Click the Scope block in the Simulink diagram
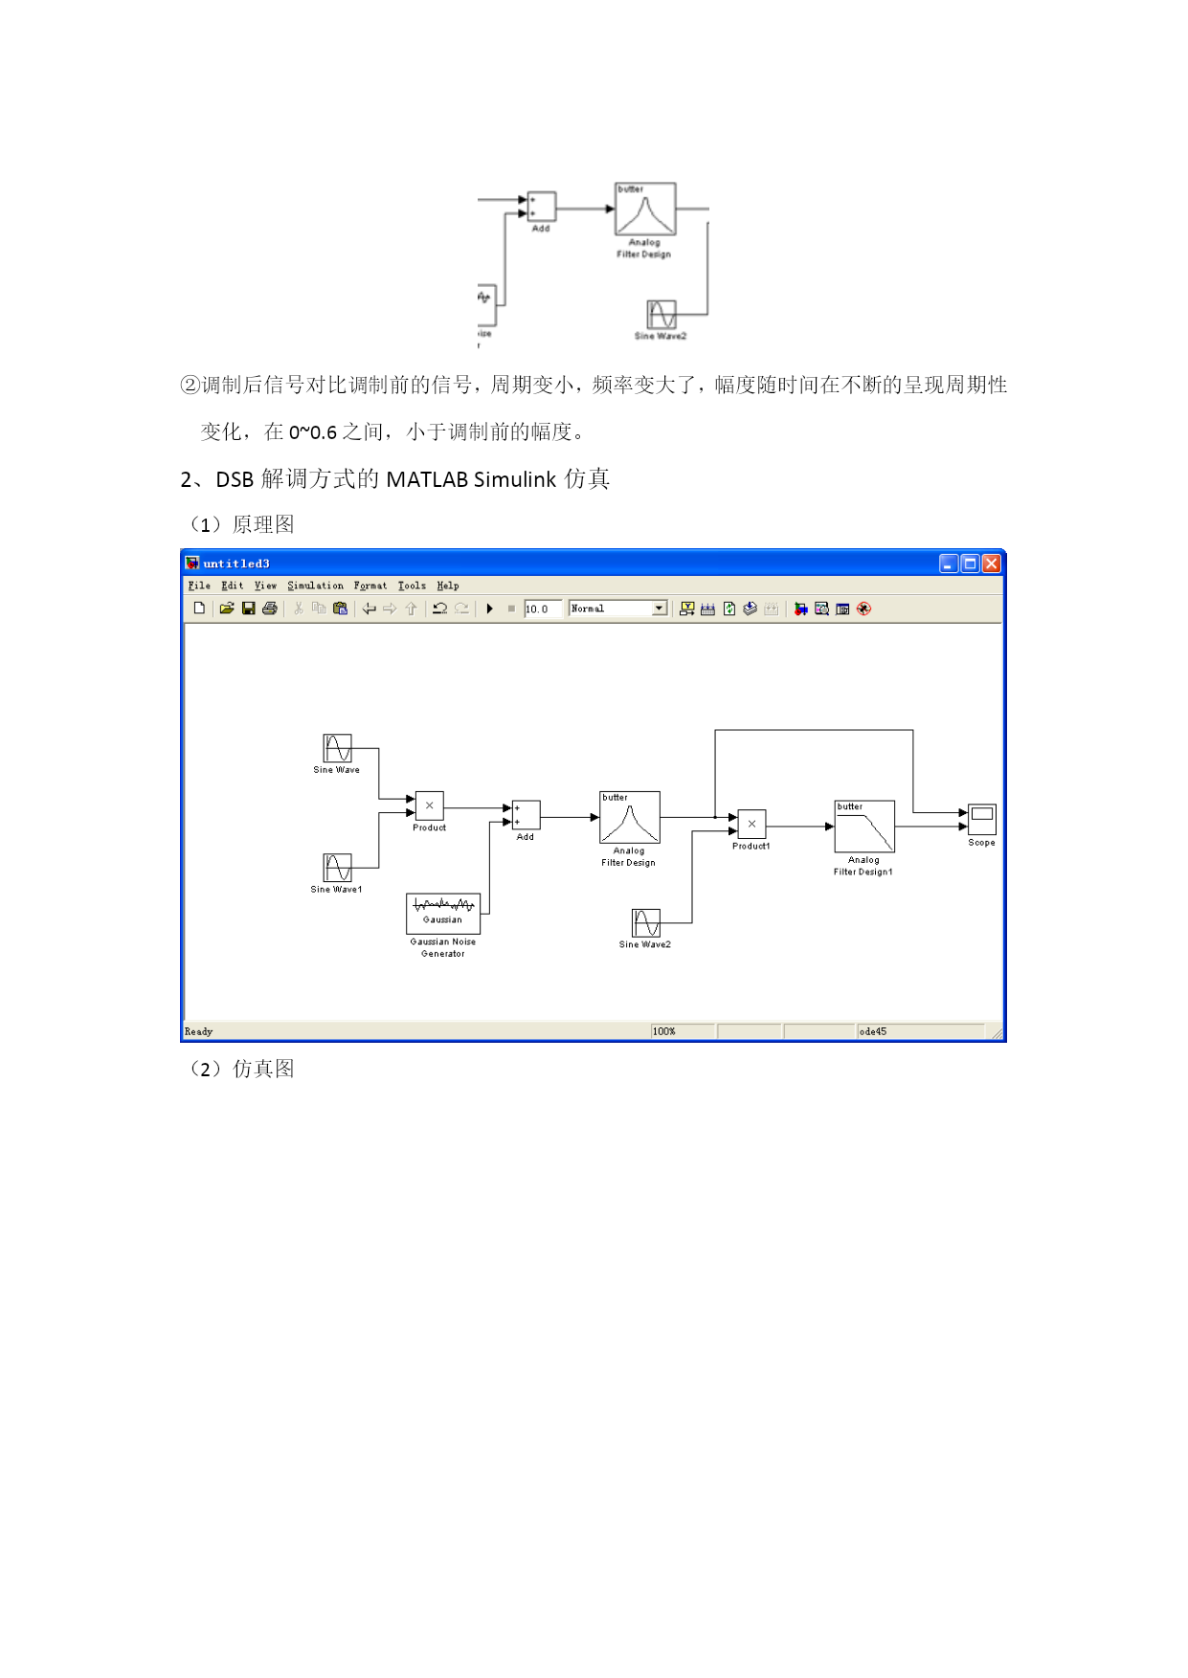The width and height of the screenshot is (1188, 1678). point(982,819)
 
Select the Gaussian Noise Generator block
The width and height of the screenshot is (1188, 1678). point(443,914)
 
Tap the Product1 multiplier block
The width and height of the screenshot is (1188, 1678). point(751,824)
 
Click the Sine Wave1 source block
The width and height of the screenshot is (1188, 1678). point(337,868)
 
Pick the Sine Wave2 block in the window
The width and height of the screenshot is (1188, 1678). point(646,923)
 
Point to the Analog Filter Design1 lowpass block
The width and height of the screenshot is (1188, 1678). point(864,827)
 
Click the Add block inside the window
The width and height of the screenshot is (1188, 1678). point(527,815)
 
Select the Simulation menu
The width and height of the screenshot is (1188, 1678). point(315,585)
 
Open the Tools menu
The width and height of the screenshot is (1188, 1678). point(412,585)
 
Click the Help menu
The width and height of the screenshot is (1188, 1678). point(448,585)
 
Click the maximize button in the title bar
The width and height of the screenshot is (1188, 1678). point(970,563)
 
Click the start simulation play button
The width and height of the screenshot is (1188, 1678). point(490,608)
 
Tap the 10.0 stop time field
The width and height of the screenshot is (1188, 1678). point(542,608)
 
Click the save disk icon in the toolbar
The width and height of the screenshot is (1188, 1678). point(249,608)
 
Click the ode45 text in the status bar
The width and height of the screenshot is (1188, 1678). point(873,1031)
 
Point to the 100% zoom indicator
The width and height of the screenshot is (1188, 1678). point(664,1031)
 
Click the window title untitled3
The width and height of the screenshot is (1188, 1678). point(236,563)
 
